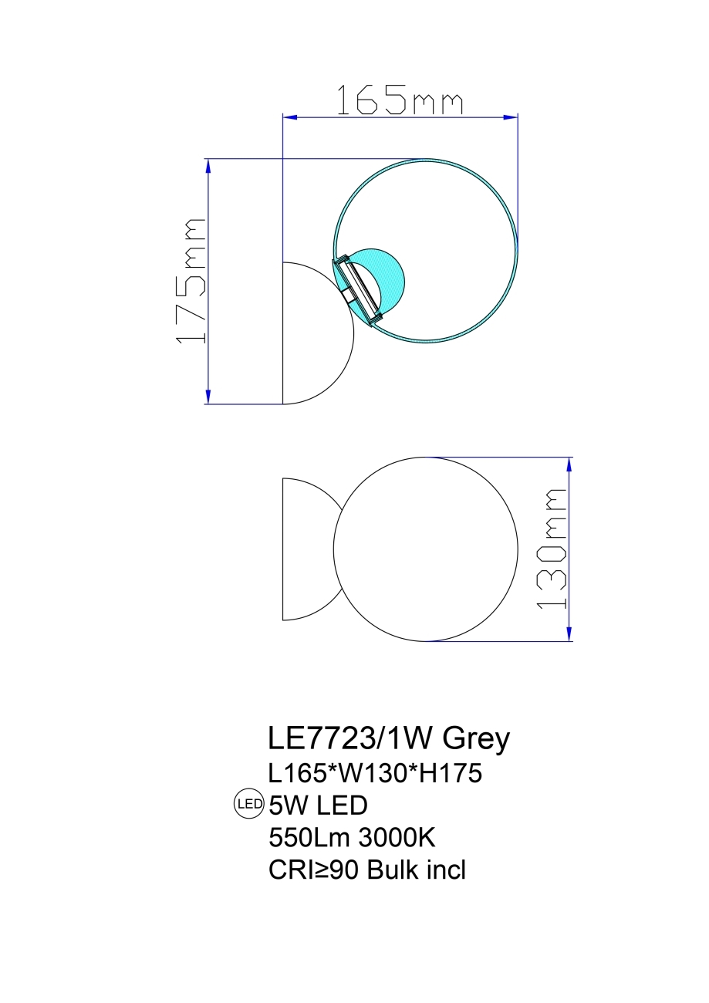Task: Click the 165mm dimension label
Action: point(400,101)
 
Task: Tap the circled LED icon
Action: point(248,805)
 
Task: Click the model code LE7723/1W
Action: point(350,738)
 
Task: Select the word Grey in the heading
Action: point(476,738)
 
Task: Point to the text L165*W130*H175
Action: point(375,772)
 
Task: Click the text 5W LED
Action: point(317,805)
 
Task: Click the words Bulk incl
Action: point(417,870)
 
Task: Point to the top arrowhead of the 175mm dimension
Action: point(208,164)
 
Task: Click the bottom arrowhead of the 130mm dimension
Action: point(570,634)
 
